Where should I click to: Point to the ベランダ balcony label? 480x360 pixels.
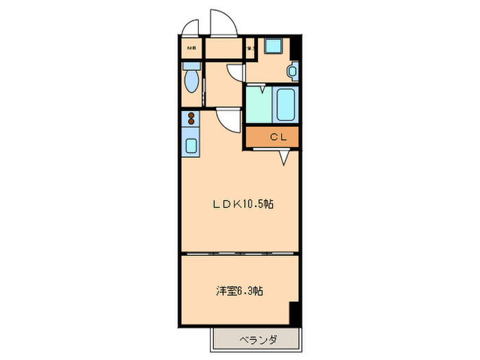(258, 339)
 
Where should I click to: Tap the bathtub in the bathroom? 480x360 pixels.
(285, 104)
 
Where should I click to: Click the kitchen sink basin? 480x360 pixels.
(191, 145)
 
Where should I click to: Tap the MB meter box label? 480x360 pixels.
(192, 48)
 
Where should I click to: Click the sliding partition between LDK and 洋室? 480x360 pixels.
(240, 254)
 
